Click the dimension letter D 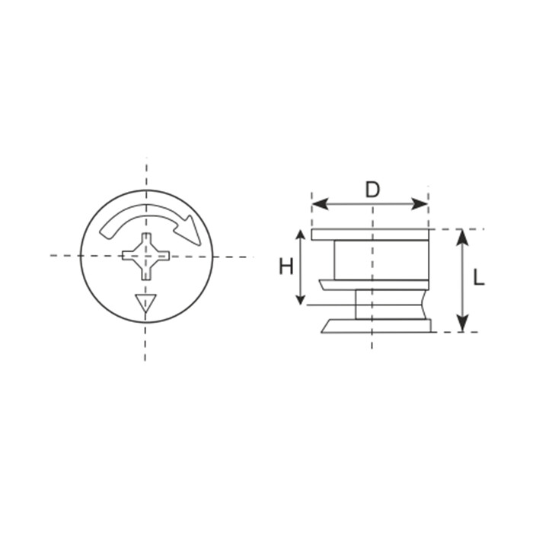tap(372, 190)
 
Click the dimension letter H tap(286, 266)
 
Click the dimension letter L tap(479, 278)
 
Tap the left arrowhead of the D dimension tap(320, 204)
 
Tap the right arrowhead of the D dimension tap(420, 204)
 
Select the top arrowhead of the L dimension tap(462, 238)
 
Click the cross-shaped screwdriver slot tap(146, 257)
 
